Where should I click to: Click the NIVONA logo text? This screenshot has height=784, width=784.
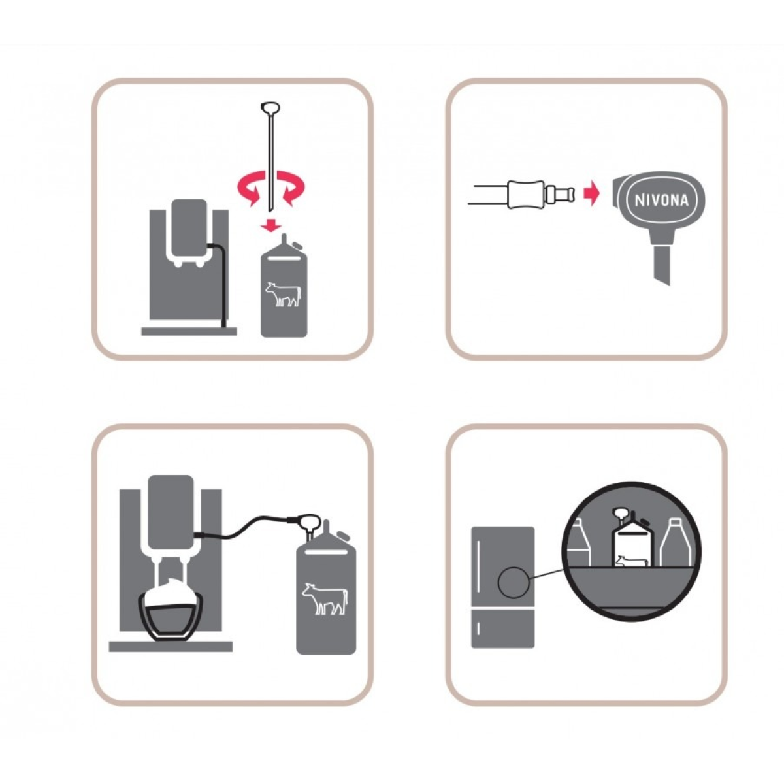pyautogui.click(x=661, y=200)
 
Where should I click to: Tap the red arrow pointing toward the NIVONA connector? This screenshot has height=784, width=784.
pyautogui.click(x=591, y=193)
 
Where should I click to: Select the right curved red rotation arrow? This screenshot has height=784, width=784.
pyautogui.click(x=291, y=188)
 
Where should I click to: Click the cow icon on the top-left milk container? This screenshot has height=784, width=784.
pyautogui.click(x=284, y=294)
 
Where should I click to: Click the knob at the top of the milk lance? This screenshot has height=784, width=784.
pyautogui.click(x=270, y=108)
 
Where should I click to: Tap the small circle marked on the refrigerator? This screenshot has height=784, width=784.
pyautogui.click(x=514, y=583)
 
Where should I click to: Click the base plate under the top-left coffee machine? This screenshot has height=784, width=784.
pyautogui.click(x=189, y=331)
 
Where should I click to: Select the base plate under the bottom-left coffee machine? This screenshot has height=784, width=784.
pyautogui.click(x=171, y=647)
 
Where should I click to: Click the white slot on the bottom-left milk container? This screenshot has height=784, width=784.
pyautogui.click(x=325, y=552)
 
